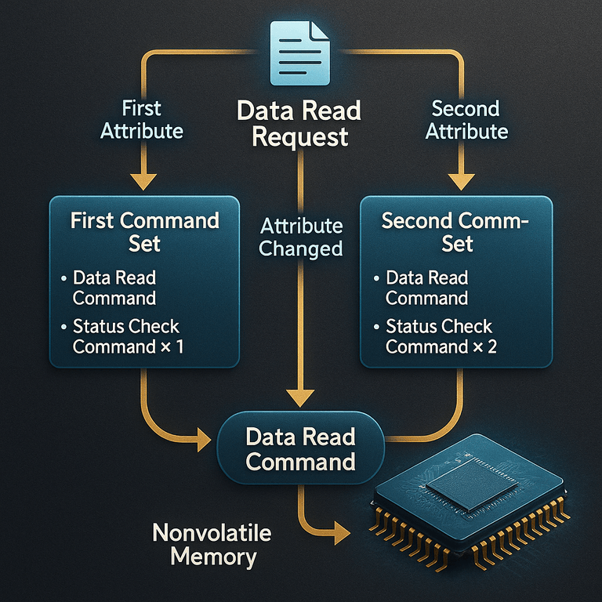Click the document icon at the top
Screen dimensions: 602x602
tap(300, 53)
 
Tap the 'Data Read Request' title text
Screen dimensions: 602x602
tap(299, 124)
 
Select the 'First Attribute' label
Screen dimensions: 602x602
tap(142, 120)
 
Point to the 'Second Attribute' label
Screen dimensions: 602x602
tap(466, 120)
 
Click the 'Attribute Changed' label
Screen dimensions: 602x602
tap(301, 238)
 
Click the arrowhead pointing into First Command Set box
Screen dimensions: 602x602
tap(143, 182)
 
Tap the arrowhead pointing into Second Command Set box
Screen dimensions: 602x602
tap(462, 182)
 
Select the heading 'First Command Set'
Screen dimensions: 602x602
tap(145, 232)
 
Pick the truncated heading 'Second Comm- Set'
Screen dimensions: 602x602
tap(455, 232)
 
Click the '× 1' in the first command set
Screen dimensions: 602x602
tap(172, 346)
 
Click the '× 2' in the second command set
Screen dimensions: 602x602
tap(485, 346)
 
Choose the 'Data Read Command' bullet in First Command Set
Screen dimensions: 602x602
tap(114, 288)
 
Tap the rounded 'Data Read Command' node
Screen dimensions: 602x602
tap(301, 448)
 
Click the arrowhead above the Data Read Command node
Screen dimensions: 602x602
tap(300, 398)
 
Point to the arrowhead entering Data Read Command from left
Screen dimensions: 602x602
tap(204, 440)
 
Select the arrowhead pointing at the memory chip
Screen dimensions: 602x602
tap(342, 532)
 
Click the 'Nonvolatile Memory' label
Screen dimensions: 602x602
tap(212, 545)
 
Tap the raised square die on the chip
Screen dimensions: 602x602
tap(472, 485)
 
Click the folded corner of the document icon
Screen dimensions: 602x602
tap(320, 31)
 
